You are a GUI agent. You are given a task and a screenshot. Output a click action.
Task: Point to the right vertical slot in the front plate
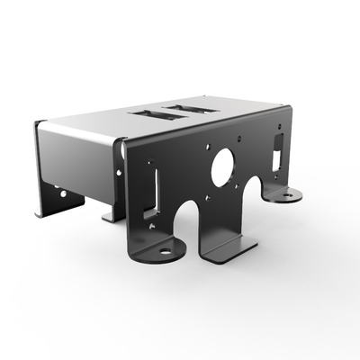278,153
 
